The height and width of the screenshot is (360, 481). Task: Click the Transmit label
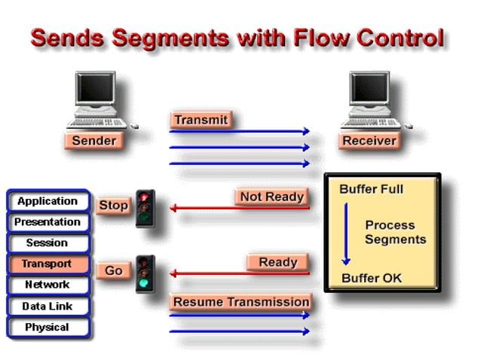click(x=200, y=120)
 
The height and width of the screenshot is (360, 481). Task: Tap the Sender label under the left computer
click(x=94, y=140)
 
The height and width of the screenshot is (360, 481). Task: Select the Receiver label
click(x=369, y=140)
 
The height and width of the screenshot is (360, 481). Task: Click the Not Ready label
click(x=271, y=197)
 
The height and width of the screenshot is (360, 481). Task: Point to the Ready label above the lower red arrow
click(x=278, y=262)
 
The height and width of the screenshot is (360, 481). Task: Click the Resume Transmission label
click(x=241, y=302)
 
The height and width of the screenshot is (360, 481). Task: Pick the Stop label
click(x=113, y=205)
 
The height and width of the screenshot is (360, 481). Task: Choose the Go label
click(x=114, y=270)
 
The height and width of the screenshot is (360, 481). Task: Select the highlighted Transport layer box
click(x=47, y=264)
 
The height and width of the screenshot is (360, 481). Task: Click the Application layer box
click(x=47, y=201)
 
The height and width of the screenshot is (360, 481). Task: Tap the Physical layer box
click(x=47, y=328)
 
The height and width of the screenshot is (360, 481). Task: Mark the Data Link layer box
click(x=47, y=307)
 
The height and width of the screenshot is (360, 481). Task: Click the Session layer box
click(x=47, y=243)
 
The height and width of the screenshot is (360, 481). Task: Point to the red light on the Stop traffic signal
click(x=144, y=198)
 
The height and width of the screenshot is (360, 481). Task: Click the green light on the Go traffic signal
click(x=144, y=285)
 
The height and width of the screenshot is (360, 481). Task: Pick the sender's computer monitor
click(x=97, y=90)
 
